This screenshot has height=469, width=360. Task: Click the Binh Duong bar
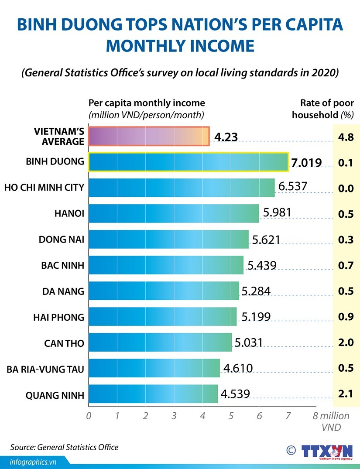tap(188, 162)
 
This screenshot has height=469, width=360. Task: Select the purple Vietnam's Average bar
tap(149, 136)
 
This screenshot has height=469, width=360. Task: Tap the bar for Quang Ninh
tap(153, 394)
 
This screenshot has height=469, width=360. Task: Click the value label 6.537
tap(293, 187)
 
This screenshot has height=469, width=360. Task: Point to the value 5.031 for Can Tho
tap(249, 342)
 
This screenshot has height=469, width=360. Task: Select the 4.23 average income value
tap(226, 137)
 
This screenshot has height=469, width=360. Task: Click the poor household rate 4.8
tap(346, 137)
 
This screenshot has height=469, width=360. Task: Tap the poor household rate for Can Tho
tap(346, 342)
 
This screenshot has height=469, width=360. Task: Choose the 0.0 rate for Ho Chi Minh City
tap(346, 189)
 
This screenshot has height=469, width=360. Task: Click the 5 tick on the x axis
tap(231, 416)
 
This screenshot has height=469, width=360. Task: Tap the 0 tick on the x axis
tap(89, 416)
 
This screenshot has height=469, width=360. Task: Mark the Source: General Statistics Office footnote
tap(65, 447)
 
